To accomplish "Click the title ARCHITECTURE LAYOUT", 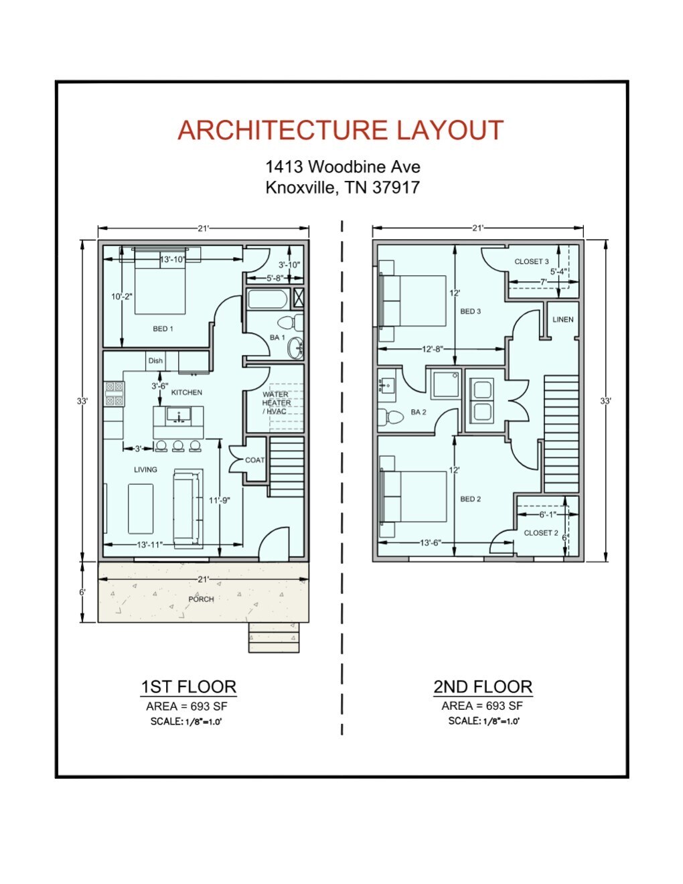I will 340,131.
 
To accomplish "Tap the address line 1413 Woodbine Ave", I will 342,167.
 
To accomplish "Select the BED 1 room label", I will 163,329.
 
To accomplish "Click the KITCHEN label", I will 186,392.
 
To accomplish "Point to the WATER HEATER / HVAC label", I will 276,403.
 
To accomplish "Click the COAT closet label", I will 254,460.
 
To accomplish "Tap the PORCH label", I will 201,599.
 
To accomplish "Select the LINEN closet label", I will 562,319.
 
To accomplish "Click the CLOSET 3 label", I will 532,262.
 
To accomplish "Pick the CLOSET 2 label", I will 540,533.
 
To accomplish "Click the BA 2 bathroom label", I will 419,413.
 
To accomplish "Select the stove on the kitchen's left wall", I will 114,394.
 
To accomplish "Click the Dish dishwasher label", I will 155,361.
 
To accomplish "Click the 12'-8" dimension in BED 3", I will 433,349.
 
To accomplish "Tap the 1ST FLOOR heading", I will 188,687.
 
